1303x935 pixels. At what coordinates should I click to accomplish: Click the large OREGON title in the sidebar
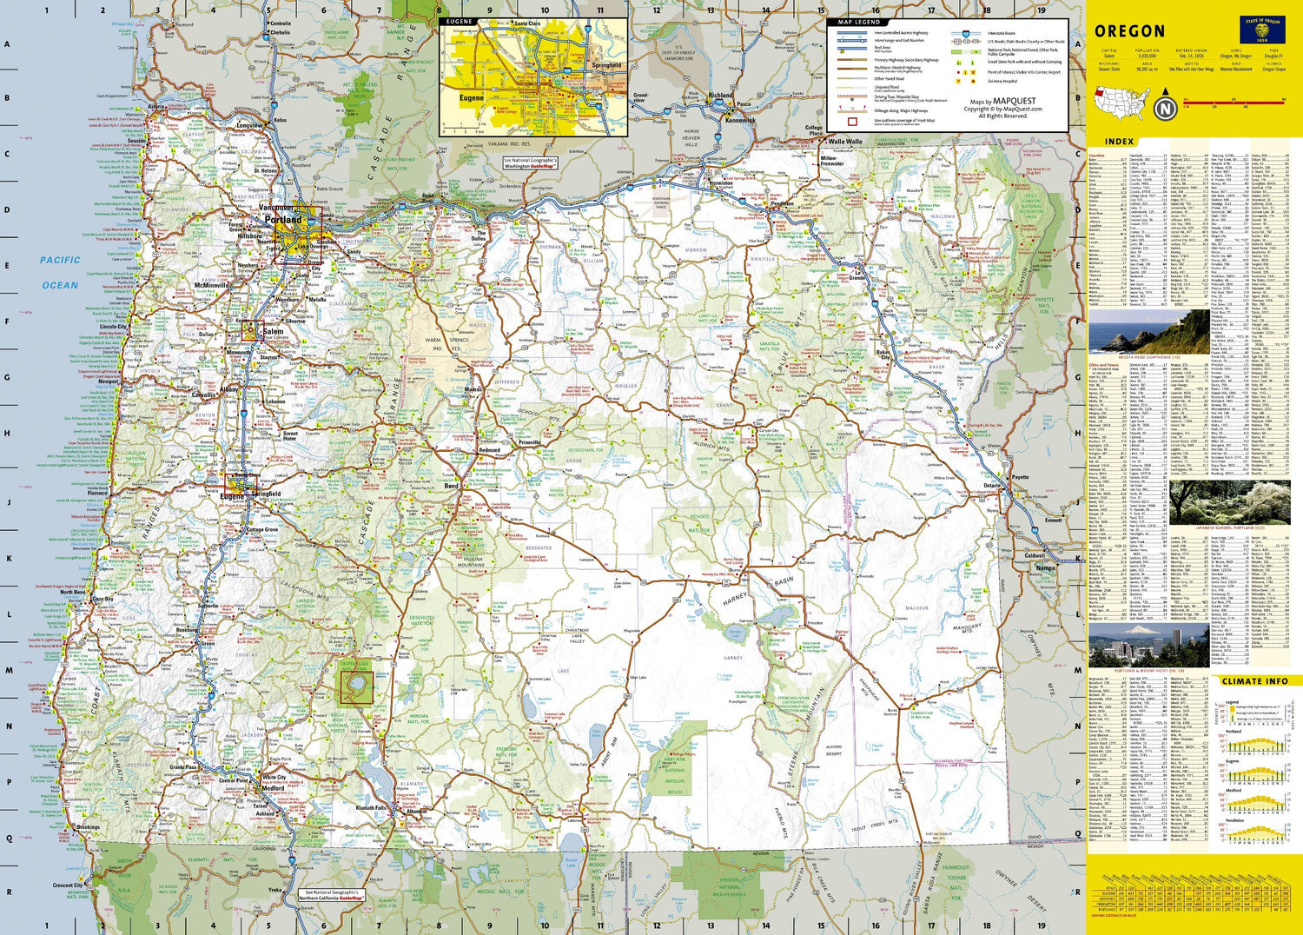click(1129, 31)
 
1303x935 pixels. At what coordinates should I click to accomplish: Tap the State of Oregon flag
click(1260, 30)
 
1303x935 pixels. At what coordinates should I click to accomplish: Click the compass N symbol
click(1165, 109)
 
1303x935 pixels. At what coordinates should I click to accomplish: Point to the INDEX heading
click(1119, 142)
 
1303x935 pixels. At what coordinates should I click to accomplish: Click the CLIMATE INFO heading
click(1254, 681)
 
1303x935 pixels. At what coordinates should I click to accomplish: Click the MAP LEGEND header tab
click(858, 22)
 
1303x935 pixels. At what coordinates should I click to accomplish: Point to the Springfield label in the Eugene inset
click(606, 65)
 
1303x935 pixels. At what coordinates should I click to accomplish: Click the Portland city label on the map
click(283, 220)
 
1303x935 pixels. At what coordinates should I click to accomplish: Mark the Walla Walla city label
click(844, 142)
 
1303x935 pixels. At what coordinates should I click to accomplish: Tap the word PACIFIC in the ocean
click(60, 260)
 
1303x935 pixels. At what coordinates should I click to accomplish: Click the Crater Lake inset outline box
click(354, 682)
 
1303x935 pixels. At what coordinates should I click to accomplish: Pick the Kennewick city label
click(740, 121)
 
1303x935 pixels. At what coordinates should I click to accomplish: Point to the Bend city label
click(452, 486)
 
